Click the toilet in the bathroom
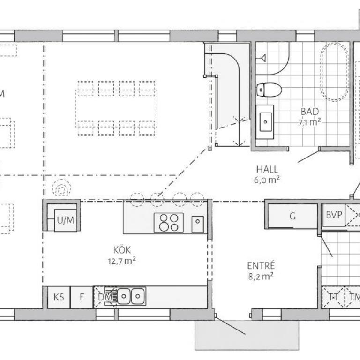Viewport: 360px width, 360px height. [269, 90]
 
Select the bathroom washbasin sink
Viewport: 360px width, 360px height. [265, 122]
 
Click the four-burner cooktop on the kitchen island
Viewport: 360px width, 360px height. [169, 223]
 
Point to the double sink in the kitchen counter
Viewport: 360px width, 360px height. [131, 296]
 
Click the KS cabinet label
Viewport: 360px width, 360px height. [59, 297]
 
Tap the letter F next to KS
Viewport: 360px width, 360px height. [82, 297]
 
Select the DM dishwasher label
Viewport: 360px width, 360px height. [105, 297]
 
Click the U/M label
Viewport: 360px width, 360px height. [66, 220]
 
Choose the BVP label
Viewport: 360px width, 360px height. [334, 215]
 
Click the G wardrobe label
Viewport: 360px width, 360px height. [292, 216]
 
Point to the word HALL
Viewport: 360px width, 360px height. [267, 169]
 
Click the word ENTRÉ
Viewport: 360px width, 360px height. [261, 265]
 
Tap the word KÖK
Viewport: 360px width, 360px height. [122, 249]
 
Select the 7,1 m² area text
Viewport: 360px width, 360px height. [309, 123]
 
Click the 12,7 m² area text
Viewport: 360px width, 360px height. [122, 261]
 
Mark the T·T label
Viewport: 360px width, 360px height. [333, 297]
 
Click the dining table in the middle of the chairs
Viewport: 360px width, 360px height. [116, 108]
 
